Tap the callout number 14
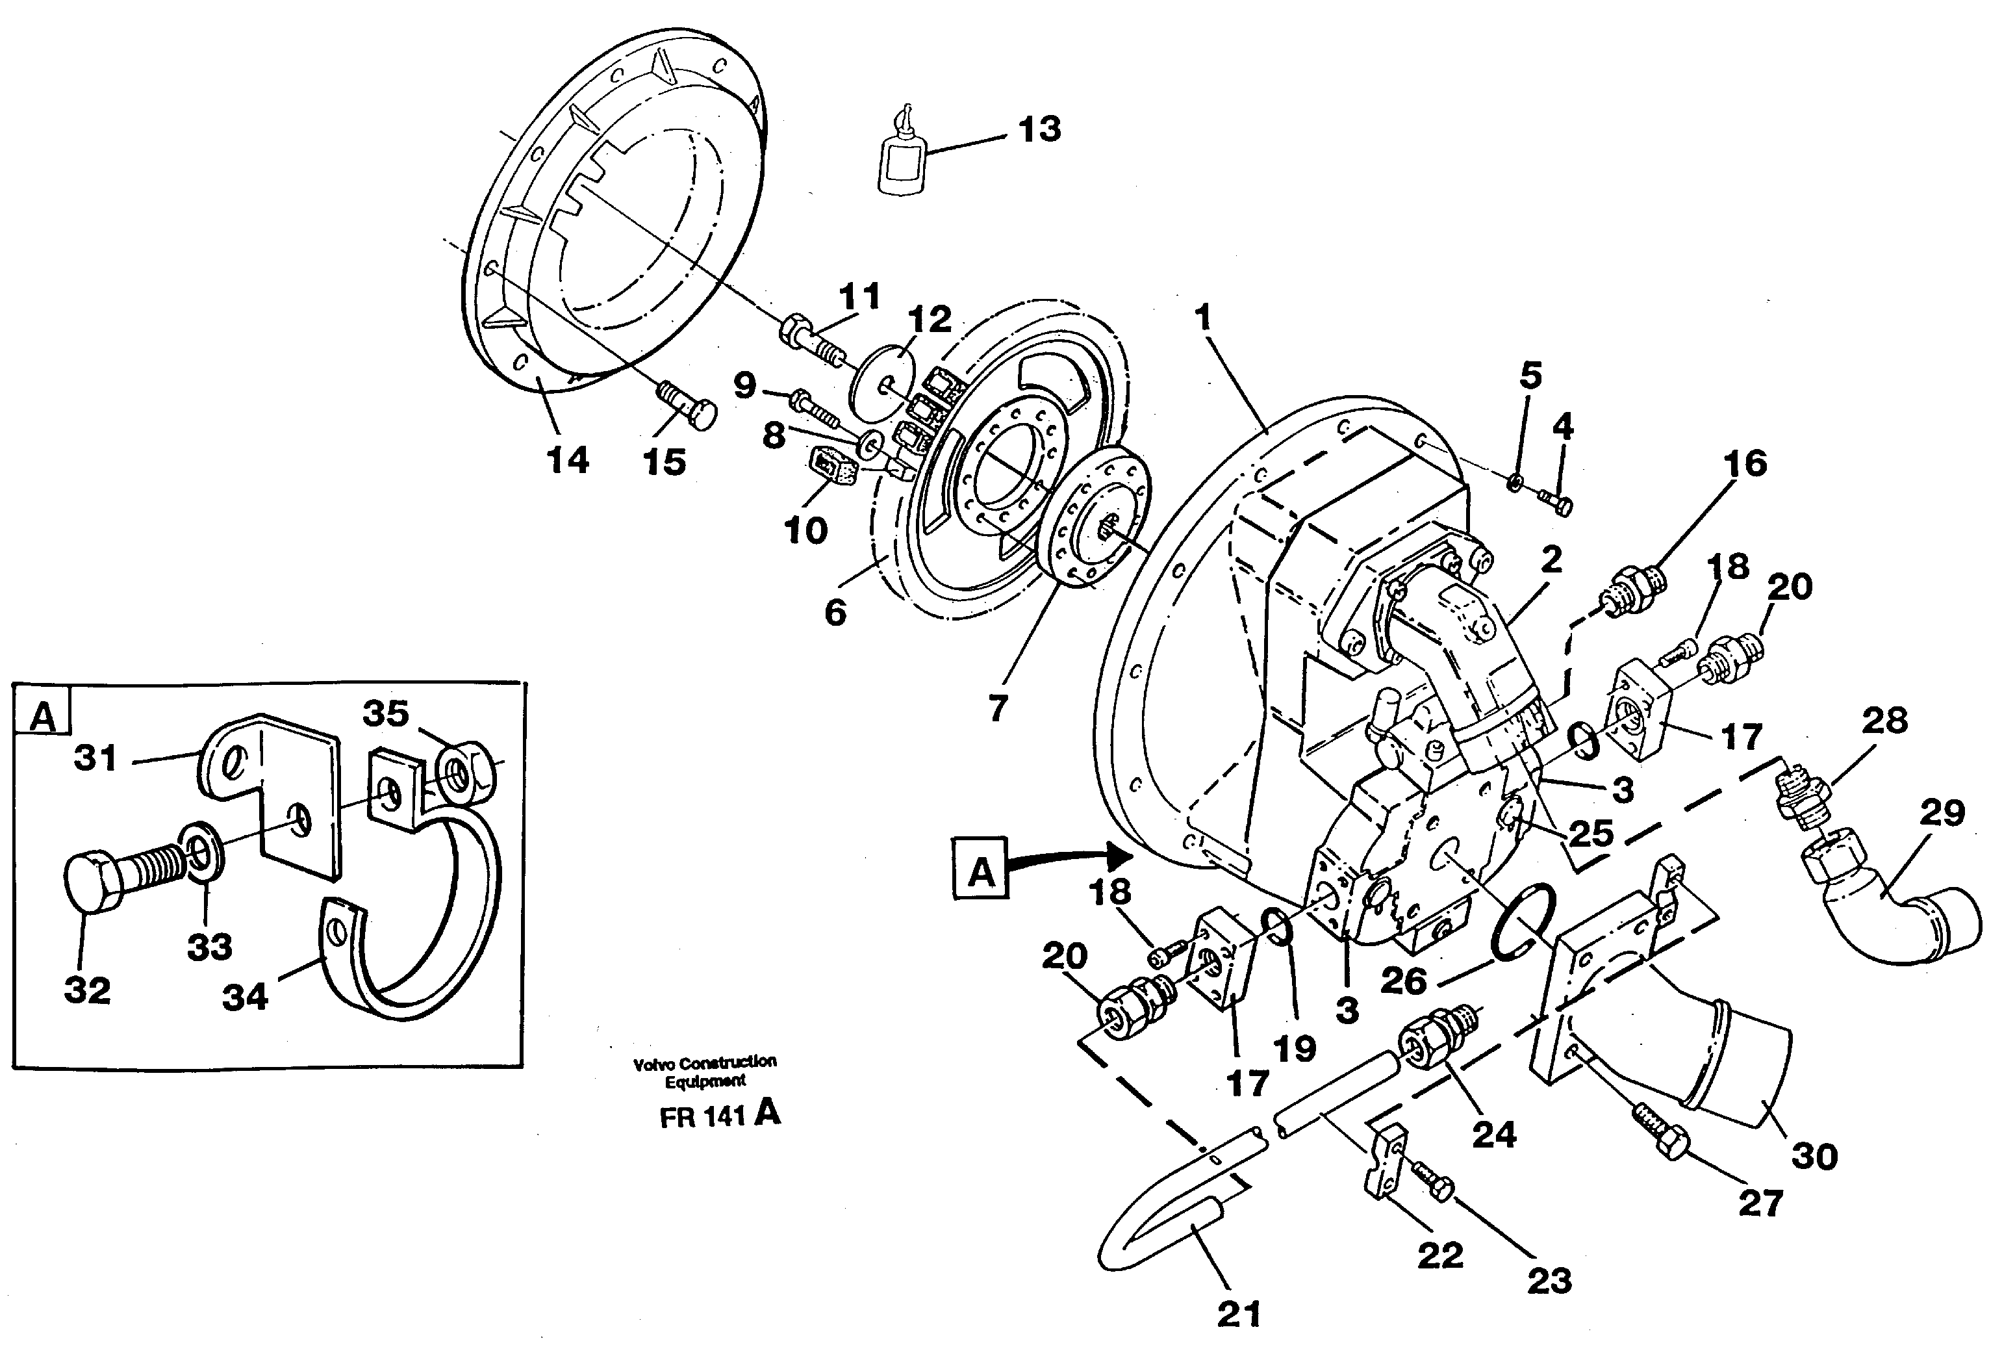pos(568,460)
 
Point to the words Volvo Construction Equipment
pos(705,1071)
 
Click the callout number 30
pos(1814,1156)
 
